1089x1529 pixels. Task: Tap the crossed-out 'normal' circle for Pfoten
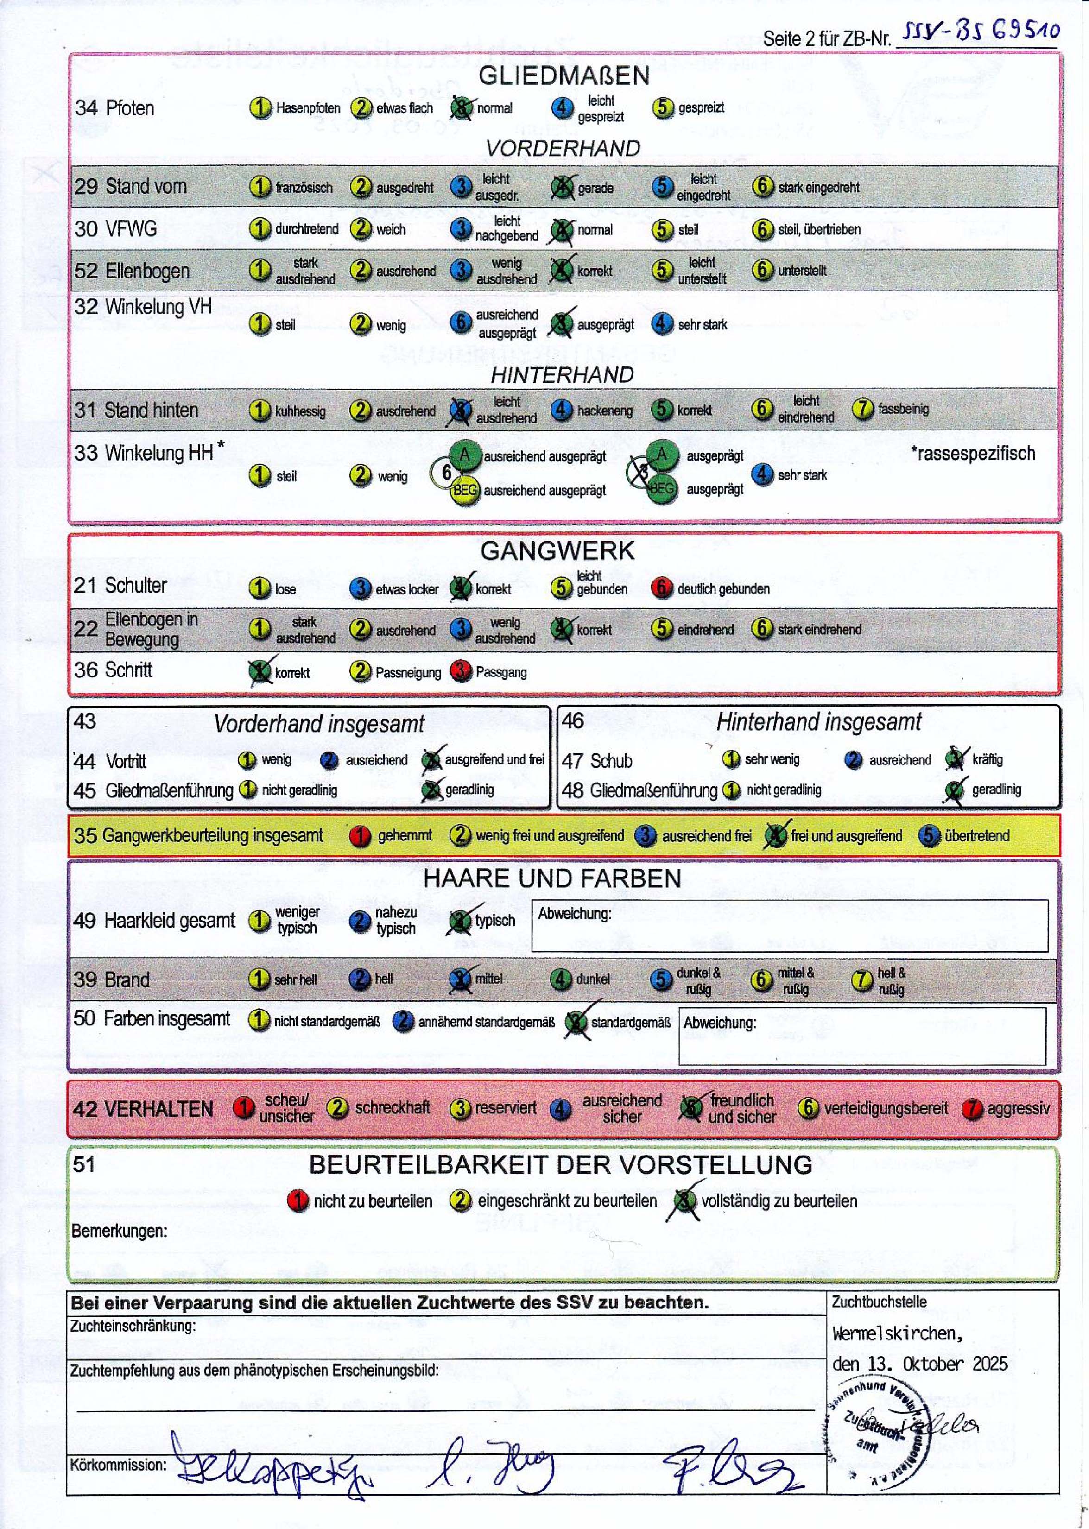461,107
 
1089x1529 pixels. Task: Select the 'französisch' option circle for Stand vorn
260,186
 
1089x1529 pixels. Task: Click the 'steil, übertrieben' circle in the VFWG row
762,229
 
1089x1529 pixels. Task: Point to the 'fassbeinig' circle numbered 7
862,408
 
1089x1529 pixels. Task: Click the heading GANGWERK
557,550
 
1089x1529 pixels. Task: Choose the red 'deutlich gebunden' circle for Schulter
661,588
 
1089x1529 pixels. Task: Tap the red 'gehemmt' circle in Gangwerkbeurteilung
360,835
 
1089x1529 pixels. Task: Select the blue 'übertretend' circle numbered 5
929,835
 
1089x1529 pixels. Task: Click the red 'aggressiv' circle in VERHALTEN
972,1109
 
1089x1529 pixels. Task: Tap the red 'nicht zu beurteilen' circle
298,1200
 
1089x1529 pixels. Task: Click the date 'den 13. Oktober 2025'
919,1364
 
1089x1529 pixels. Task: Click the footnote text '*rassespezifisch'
972,453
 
